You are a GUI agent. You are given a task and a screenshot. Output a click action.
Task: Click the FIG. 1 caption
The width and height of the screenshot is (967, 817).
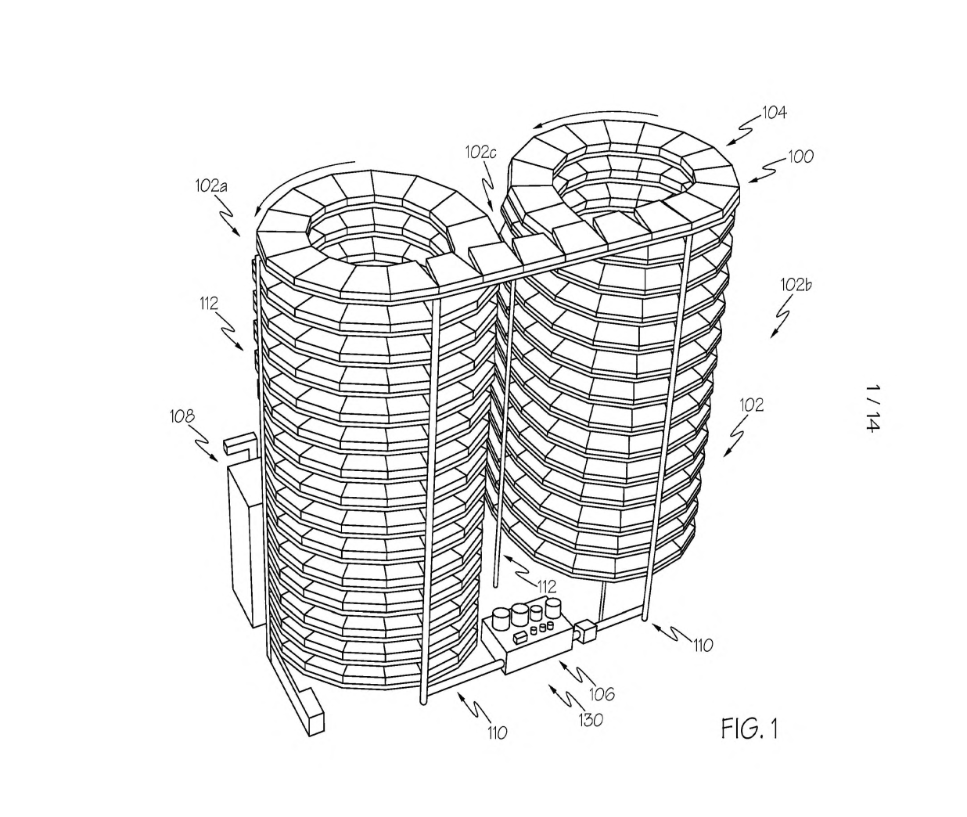750,729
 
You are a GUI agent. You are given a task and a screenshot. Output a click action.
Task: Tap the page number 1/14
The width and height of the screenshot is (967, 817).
872,408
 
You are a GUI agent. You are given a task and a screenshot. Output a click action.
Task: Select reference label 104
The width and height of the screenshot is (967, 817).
774,113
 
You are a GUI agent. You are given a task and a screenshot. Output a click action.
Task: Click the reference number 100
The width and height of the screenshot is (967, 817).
800,157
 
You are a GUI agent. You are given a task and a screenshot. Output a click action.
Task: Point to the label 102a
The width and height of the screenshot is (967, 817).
211,185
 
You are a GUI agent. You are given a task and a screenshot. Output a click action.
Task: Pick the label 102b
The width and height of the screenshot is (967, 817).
796,285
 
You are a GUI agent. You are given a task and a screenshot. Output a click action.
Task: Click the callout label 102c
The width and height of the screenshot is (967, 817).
480,153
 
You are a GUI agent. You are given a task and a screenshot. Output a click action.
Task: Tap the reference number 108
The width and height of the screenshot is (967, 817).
182,416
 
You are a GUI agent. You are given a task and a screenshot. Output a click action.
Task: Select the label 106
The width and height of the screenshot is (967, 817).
602,694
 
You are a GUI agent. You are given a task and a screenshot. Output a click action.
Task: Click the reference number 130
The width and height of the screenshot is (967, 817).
591,720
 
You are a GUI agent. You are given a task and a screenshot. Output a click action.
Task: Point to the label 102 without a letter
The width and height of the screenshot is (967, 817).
751,405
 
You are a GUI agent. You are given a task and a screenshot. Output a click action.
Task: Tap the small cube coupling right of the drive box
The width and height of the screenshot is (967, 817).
585,632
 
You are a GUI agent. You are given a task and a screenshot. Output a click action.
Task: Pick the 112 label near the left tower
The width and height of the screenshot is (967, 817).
209,304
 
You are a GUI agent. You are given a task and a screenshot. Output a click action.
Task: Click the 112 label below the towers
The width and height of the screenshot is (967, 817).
546,587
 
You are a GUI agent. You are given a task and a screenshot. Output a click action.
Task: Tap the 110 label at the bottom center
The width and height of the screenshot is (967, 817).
497,732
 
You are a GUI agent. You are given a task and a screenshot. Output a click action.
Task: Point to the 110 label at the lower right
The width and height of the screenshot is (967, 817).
703,646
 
